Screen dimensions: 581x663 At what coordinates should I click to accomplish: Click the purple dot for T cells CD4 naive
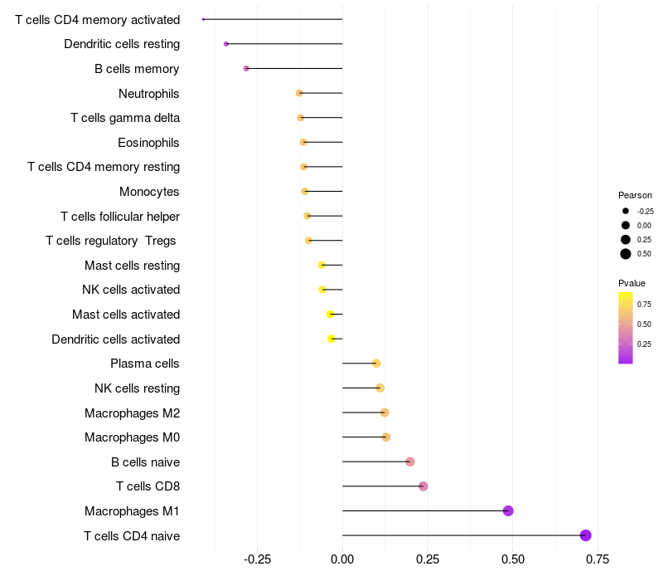point(586,535)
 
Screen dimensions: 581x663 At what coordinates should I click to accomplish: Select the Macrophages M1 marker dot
point(508,510)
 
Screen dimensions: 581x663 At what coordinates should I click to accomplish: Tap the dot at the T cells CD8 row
point(423,486)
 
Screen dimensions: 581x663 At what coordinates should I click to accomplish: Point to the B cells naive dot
point(409,461)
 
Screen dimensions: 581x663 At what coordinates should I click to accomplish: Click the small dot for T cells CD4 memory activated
point(203,19)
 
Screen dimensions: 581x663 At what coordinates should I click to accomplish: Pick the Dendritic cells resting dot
point(226,44)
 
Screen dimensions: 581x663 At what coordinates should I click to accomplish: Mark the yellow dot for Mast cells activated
point(330,315)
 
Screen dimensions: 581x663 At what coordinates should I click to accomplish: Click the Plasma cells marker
point(375,364)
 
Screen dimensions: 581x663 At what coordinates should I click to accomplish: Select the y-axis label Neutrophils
point(149,93)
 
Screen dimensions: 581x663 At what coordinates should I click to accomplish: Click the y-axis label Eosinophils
point(148,143)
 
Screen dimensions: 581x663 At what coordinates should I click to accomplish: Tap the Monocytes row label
point(149,192)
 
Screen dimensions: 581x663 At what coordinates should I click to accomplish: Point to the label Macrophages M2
point(132,413)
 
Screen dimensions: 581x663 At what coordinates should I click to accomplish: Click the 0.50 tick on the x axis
point(513,559)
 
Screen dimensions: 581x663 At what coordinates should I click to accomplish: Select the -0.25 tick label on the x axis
point(257,559)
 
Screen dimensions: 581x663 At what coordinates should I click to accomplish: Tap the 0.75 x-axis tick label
point(598,559)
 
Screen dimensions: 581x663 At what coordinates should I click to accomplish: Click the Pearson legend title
point(635,195)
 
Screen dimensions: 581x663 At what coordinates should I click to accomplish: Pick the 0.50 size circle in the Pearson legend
point(626,254)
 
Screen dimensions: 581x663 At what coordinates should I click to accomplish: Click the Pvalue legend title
point(632,283)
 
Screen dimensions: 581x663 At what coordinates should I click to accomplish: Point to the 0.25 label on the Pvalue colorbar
point(644,344)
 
